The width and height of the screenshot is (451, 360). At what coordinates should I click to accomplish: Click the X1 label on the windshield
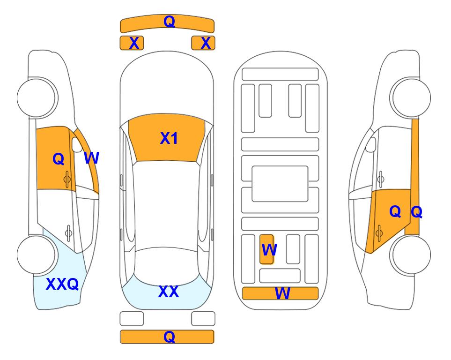pos(169,138)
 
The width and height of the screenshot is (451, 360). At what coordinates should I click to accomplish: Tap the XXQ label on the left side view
pos(62,284)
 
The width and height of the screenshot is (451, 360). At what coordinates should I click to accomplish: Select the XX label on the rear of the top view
pos(169,292)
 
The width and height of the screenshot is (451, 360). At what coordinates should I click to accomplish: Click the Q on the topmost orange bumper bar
pos(169,22)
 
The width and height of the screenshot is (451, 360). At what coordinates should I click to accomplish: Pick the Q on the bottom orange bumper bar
pos(169,337)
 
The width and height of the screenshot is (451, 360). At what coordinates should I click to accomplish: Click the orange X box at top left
pos(132,43)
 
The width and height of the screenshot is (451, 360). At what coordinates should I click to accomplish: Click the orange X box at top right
pos(203,43)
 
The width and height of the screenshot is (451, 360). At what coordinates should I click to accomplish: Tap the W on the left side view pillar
pos(91,158)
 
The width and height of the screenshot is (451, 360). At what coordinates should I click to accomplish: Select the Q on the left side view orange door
pos(58,159)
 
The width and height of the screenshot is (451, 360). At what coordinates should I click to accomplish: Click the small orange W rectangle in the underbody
pos(267,249)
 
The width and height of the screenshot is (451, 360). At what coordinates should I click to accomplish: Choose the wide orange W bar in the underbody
pos(280,293)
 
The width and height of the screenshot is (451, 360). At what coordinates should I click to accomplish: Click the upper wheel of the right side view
pos(411,97)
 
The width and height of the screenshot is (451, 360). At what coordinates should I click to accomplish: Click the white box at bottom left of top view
pos(132,319)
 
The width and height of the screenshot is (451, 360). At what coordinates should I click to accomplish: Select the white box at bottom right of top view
pos(203,319)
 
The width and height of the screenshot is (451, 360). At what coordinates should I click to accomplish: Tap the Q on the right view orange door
pos(395,212)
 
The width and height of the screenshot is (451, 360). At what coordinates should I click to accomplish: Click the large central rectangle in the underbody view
pos(280,183)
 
